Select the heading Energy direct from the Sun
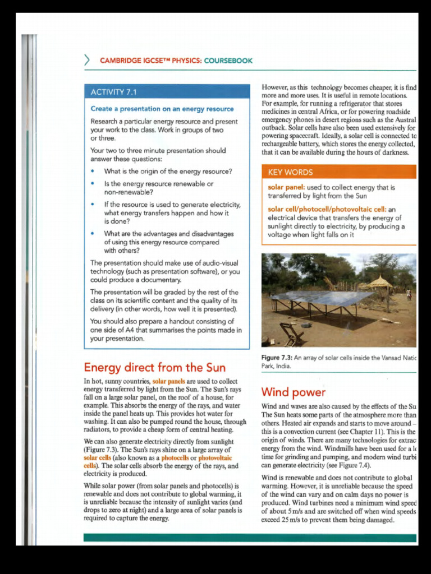coord(154,368)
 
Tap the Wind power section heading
coord(293,392)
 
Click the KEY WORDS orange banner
coord(290,172)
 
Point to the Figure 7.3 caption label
coord(279,358)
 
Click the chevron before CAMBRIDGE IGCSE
coord(87,60)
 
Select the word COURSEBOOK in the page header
coord(228,61)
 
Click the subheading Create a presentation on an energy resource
coord(162,109)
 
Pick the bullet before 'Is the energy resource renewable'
coord(93,184)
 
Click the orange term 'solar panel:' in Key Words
coord(286,188)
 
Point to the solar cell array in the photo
coord(320,298)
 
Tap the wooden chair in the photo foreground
coord(292,333)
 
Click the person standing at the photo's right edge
coord(409,294)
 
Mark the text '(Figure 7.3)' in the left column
coord(103,450)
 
